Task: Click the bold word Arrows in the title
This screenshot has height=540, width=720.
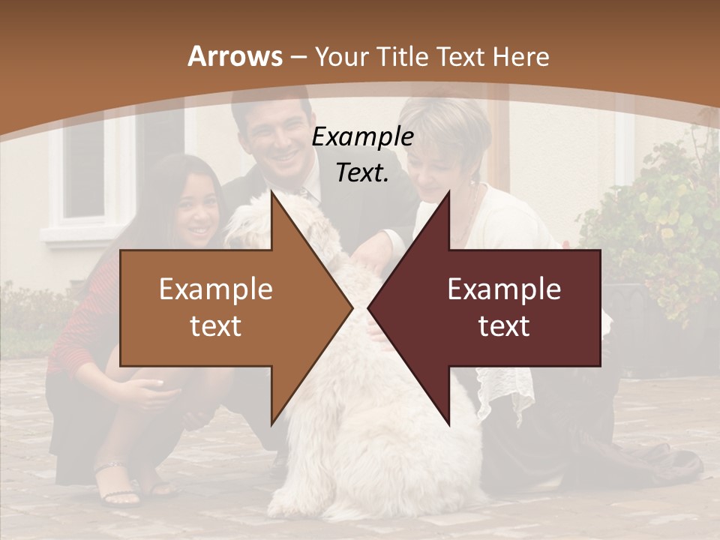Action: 235,56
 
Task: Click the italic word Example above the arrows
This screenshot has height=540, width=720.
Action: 362,137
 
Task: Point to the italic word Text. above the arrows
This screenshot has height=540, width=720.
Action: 362,172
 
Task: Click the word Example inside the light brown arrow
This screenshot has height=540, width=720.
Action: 216,289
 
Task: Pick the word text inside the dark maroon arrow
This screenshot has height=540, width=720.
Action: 504,325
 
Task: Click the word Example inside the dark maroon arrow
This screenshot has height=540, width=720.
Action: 504,289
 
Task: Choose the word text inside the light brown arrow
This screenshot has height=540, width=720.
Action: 216,325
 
